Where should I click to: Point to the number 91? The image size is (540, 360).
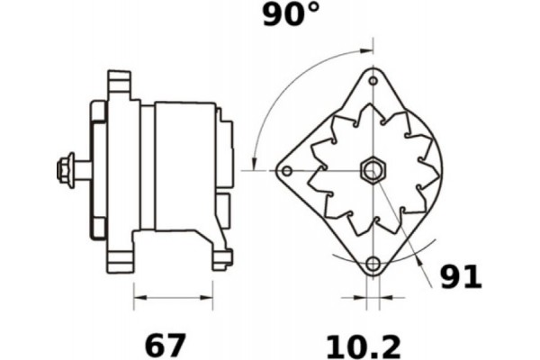(x=461, y=276)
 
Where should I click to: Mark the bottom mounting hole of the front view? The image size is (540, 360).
(x=373, y=264)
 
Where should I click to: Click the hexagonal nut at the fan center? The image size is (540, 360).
(x=372, y=169)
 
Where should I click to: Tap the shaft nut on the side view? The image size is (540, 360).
(x=66, y=168)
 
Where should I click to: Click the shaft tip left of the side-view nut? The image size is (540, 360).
(x=51, y=168)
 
